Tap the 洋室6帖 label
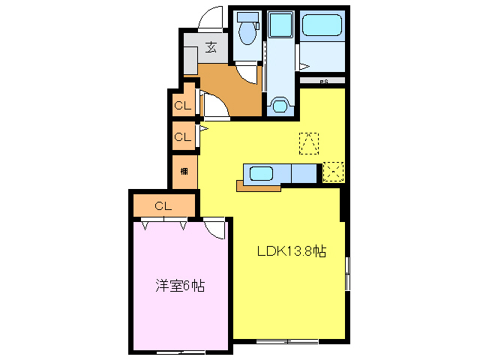pyautogui.click(x=180, y=285)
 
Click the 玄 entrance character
pyautogui.click(x=212, y=48)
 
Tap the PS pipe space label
pyautogui.click(x=324, y=81)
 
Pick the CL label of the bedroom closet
pyautogui.click(x=163, y=205)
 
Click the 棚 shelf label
pyautogui.click(x=184, y=172)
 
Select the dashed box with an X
pyautogui.click(x=333, y=172)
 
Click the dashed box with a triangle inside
pyautogui.click(x=309, y=142)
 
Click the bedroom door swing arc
pyautogui.click(x=215, y=228)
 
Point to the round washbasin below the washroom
pyautogui.click(x=281, y=105)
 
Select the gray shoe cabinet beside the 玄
pyautogui.click(x=190, y=60)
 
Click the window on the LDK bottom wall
pyautogui.click(x=286, y=342)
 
